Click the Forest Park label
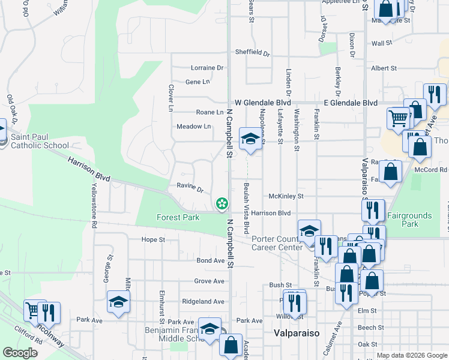click(178, 217)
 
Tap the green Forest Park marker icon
click(222, 203)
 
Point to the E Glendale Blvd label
click(351, 103)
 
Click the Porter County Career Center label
click(279, 242)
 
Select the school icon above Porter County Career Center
click(309, 231)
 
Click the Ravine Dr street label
click(190, 187)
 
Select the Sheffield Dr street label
click(252, 52)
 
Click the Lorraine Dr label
click(206, 68)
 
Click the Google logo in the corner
click(20, 353)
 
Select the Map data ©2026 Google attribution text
click(411, 355)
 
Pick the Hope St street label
click(153, 240)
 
